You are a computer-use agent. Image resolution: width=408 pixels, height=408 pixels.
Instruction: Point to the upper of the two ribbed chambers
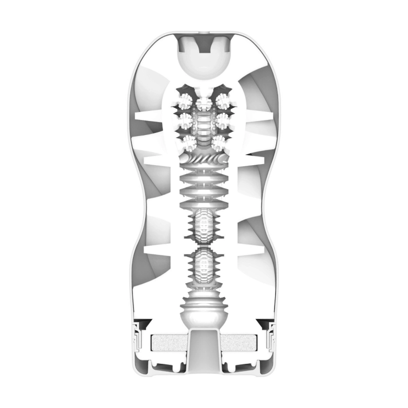(x=204, y=226)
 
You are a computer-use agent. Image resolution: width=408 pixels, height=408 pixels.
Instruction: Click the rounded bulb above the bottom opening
(x=204, y=311)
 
